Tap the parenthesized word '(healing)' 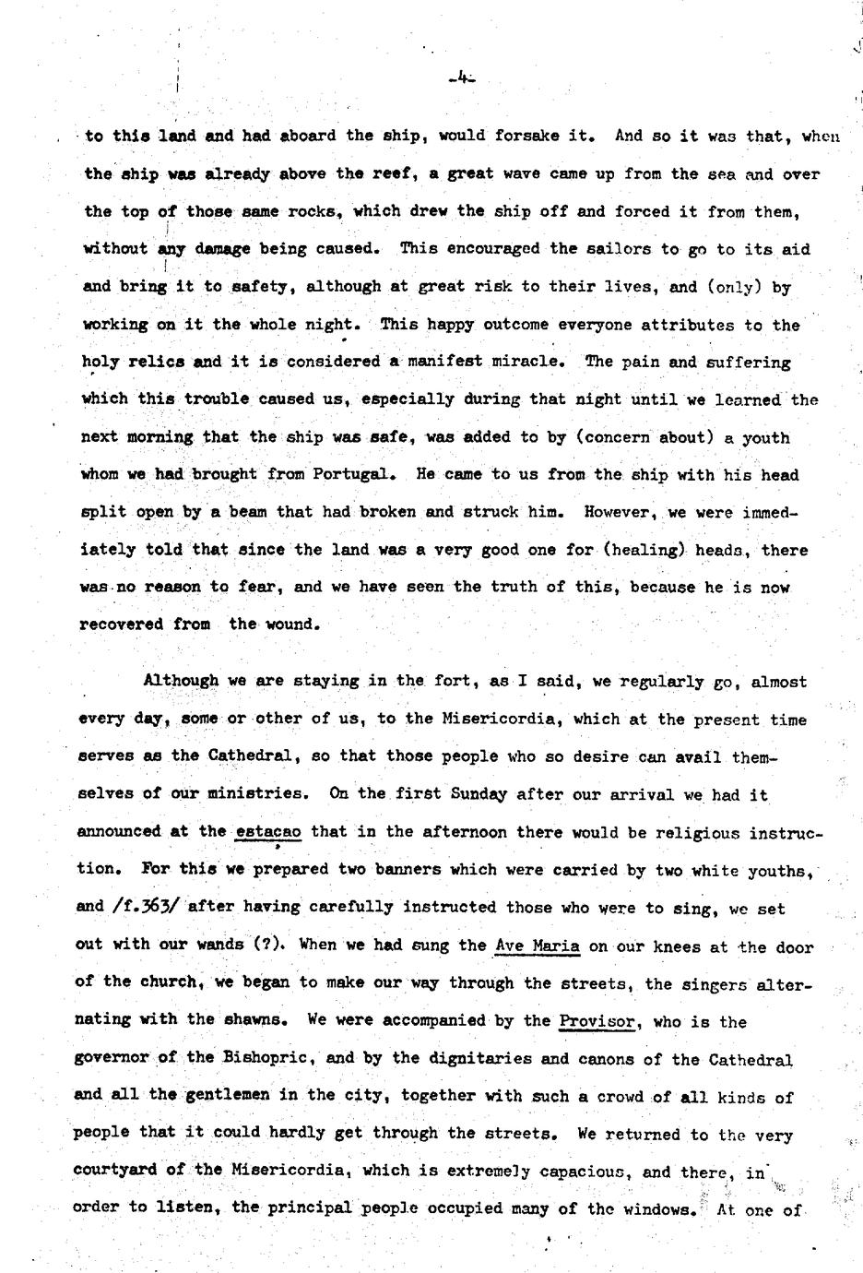click(644, 550)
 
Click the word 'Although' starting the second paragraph click(181, 682)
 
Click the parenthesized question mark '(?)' click(272, 945)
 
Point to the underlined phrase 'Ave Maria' click(538, 946)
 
